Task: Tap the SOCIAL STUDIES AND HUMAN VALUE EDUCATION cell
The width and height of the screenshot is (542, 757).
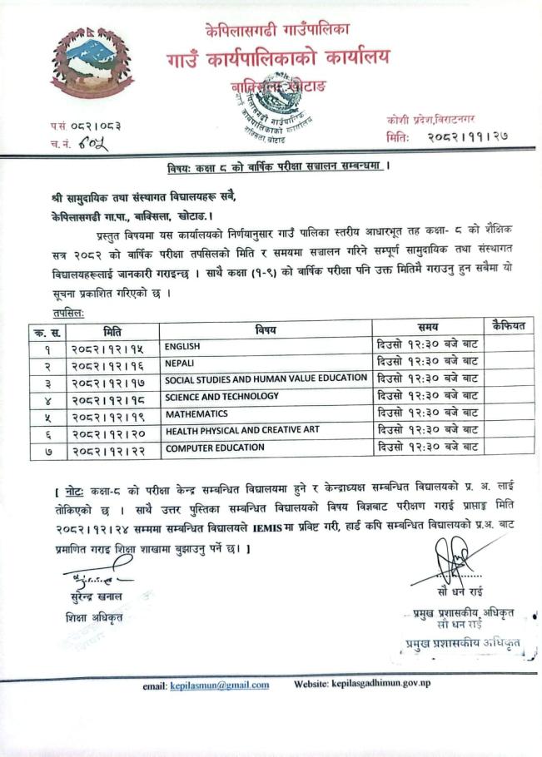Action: pyautogui.click(x=266, y=378)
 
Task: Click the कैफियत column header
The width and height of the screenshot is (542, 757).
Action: pyautogui.click(x=508, y=327)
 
